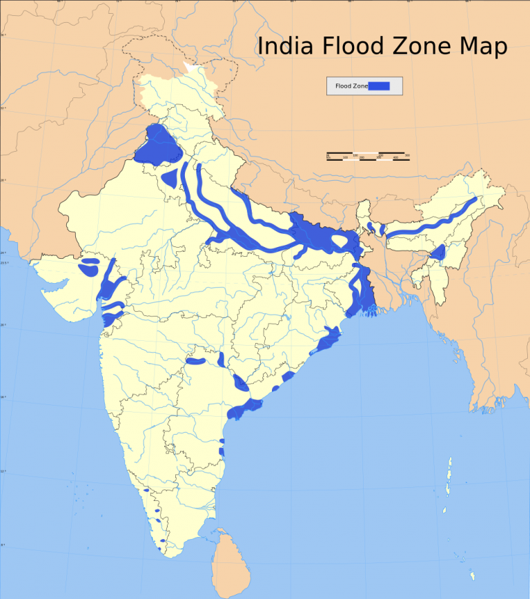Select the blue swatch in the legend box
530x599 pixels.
379,86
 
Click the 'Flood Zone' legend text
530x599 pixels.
351,86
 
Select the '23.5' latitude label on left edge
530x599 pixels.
5,262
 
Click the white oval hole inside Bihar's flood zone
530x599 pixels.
341,241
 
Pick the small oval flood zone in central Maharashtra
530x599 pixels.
195,361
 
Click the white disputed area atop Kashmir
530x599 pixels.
191,69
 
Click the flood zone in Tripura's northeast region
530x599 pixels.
437,253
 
